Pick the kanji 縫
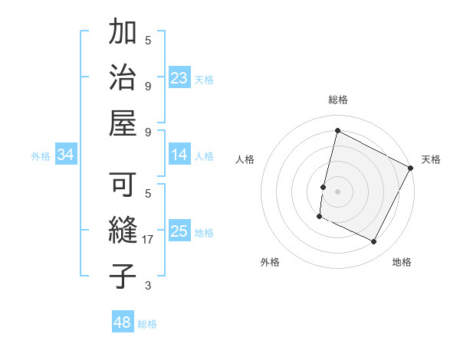point(123,231)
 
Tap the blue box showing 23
point(179,78)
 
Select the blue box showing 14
point(179,155)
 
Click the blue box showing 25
point(179,232)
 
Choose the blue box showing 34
point(66,155)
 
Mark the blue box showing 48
point(123,322)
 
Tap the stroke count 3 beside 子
point(148,286)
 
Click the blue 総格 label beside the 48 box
point(147,324)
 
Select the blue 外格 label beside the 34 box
point(41,156)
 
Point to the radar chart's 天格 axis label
point(431,159)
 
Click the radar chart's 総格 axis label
point(338,100)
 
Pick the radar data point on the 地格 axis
point(374,242)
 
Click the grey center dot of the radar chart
point(337,191)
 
